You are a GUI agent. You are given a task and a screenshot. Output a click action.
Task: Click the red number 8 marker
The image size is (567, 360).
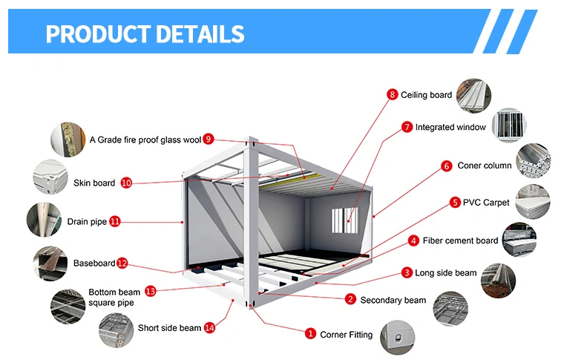tap(392, 94)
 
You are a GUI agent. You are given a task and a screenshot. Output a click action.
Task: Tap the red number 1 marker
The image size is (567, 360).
tap(311, 335)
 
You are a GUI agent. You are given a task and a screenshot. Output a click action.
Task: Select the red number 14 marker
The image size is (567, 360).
tap(209, 327)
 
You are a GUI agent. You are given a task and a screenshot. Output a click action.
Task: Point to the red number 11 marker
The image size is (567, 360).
tap(115, 221)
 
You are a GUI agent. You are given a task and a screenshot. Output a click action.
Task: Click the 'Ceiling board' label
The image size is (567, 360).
tap(426, 95)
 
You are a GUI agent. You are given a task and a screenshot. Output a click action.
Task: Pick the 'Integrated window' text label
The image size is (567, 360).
tap(450, 127)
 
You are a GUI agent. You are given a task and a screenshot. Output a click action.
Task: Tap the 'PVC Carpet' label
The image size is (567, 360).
tap(486, 202)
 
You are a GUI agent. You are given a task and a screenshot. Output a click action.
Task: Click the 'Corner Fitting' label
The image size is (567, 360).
tap(346, 335)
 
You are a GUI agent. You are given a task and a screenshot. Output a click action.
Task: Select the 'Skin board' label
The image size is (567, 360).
tap(94, 183)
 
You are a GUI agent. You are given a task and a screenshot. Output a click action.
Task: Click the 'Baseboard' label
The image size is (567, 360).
tap(94, 263)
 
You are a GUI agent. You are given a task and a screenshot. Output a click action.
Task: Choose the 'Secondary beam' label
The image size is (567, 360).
tap(393, 300)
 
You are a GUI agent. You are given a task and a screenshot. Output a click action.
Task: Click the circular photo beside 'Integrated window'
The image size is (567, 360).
tap(510, 125)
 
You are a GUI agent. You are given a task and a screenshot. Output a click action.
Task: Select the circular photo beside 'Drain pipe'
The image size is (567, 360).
tap(46, 220)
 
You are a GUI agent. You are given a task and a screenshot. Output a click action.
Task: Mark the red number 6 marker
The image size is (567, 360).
tap(447, 166)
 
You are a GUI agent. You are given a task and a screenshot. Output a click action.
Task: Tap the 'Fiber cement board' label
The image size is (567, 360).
tap(460, 240)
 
